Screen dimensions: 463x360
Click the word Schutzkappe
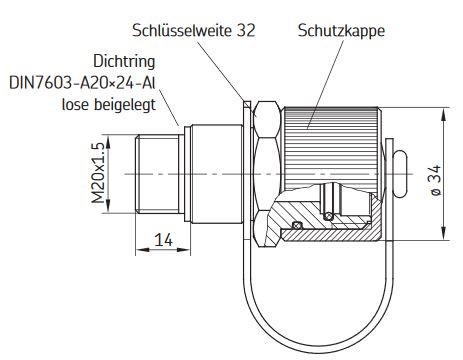(x=341, y=31)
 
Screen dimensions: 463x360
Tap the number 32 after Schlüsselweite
(x=246, y=30)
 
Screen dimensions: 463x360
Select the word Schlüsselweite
(x=182, y=30)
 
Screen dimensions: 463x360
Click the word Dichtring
(x=124, y=62)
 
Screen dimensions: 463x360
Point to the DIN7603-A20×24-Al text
(x=82, y=83)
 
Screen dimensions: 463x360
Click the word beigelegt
(x=125, y=105)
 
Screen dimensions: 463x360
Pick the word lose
(x=75, y=105)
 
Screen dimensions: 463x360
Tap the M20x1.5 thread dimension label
(x=98, y=173)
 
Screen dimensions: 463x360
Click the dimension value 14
(x=163, y=240)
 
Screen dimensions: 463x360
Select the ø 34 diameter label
(x=436, y=181)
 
